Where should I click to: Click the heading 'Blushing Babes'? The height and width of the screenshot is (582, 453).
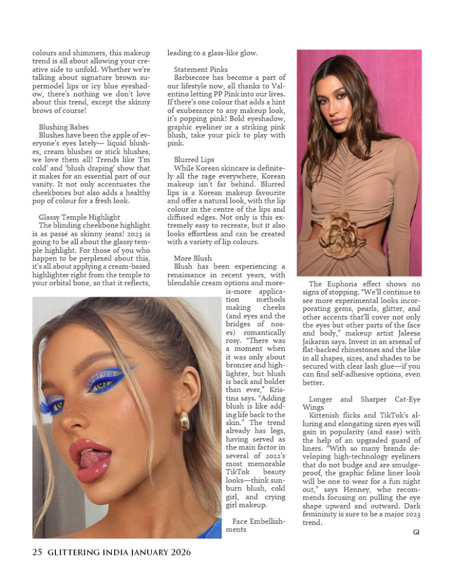pyautogui.click(x=64, y=127)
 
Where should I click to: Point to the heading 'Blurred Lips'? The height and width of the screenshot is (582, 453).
pyautogui.click(x=194, y=159)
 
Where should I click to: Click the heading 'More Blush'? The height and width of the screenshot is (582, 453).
pyautogui.click(x=192, y=258)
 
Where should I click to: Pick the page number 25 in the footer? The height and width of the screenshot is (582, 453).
pyautogui.click(x=37, y=552)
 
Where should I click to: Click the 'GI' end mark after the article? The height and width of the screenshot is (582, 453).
pyautogui.click(x=416, y=532)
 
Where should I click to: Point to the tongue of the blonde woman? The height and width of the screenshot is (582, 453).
pyautogui.click(x=93, y=458)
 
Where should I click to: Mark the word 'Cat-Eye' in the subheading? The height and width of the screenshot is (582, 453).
pyautogui.click(x=404, y=400)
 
